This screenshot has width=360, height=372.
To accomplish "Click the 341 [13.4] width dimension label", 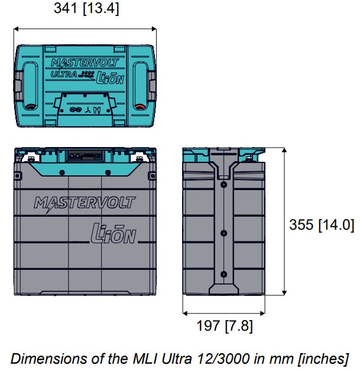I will [x=86, y=9].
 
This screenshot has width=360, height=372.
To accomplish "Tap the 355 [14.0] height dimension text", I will [x=322, y=225].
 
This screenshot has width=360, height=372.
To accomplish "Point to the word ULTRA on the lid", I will [x=63, y=75].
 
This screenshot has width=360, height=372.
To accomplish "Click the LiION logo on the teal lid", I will [x=110, y=77].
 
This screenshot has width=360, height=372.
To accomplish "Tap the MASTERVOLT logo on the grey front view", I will [x=85, y=204].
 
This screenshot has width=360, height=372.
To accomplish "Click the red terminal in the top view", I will [x=141, y=108].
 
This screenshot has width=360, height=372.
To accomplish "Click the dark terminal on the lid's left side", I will [x=28, y=108].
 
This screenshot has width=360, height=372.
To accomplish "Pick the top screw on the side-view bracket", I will [x=223, y=184].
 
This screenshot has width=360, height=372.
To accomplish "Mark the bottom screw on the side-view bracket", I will [x=223, y=274].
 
